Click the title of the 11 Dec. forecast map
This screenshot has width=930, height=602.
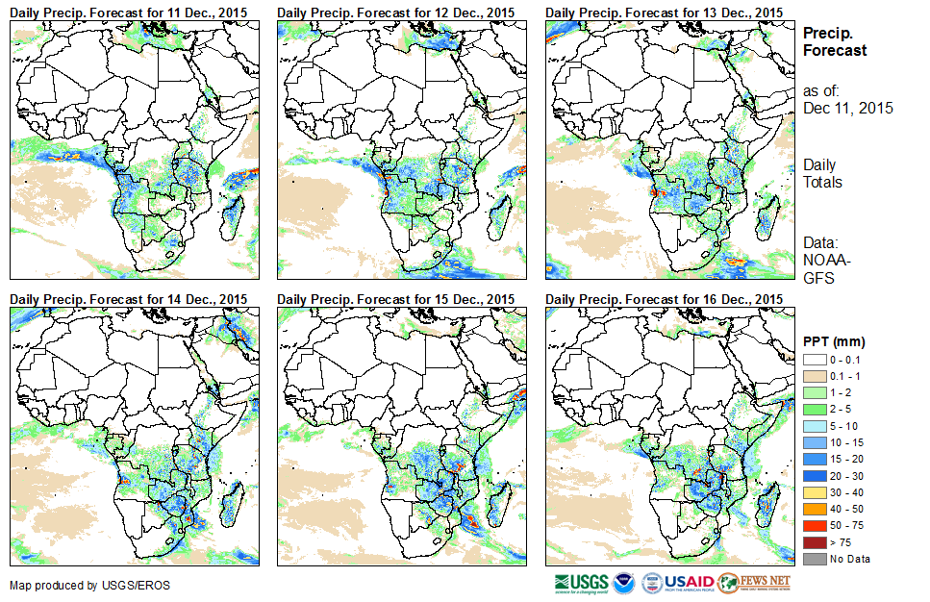129,12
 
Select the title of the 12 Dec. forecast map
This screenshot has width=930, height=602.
396,12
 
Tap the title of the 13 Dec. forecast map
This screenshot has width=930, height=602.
665,12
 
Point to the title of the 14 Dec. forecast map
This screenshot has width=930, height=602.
129,299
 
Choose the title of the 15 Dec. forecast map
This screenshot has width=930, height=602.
396,299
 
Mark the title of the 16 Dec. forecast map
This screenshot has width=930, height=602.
665,299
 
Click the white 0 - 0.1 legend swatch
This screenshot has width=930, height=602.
815,359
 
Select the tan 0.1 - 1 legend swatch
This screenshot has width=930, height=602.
815,376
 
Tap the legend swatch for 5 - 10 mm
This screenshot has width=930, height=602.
815,426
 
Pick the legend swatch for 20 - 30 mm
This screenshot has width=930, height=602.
815,476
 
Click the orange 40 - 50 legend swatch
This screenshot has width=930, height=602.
815,509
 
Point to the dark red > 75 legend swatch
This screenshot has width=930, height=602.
815,542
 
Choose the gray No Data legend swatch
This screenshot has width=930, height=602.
815,559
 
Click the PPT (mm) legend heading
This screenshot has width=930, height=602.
834,341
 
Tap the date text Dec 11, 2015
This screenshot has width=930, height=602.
847,108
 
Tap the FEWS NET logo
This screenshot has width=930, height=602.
754,583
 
